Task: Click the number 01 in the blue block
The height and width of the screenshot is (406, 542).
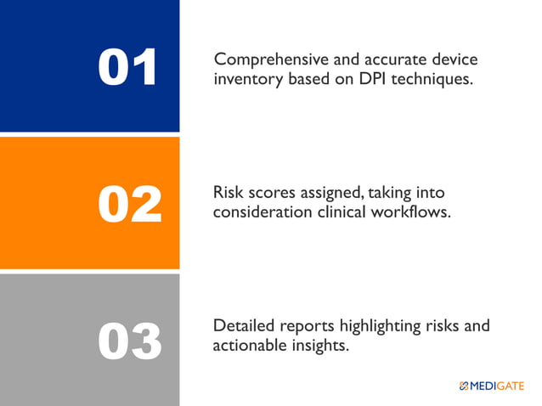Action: tap(128, 68)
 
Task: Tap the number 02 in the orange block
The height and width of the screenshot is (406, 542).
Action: tap(129, 205)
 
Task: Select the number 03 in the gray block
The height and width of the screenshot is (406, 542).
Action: tap(129, 341)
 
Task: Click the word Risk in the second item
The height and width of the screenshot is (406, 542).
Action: tap(229, 194)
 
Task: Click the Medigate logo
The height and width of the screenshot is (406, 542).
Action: tap(491, 386)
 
